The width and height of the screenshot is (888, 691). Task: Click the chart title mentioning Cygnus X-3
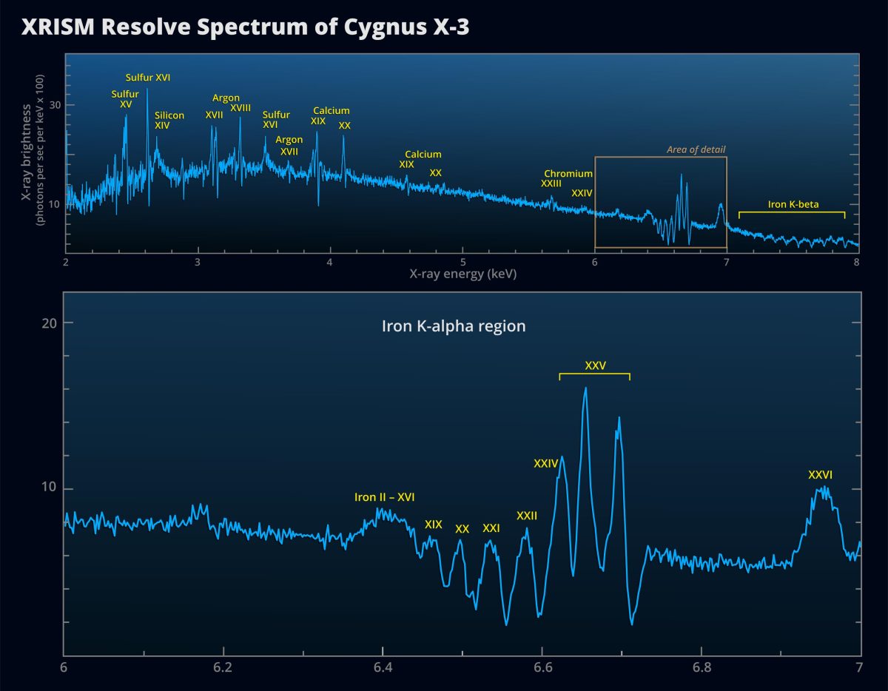[x=245, y=27]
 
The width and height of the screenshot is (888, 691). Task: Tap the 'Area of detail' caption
[x=696, y=149]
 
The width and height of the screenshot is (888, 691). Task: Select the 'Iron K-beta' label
[x=793, y=204]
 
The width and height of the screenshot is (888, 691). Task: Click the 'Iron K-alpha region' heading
[x=454, y=326]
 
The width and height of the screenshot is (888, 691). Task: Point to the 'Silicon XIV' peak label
[x=169, y=121]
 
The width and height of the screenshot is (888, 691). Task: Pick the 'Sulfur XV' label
[x=125, y=99]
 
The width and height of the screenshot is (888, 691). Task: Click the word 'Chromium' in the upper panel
[x=568, y=174]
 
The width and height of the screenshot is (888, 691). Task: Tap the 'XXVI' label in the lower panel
[x=820, y=475]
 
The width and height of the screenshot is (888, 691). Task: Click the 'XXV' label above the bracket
[x=595, y=365]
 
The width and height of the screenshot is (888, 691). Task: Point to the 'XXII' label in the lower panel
[x=527, y=516]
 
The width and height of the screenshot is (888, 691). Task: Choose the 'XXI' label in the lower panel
[x=491, y=528]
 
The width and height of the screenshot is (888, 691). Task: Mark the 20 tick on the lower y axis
[x=47, y=323]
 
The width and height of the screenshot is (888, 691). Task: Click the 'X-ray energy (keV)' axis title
[x=462, y=274]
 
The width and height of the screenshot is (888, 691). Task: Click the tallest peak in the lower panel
[x=585, y=388]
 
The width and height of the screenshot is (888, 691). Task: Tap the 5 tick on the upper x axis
[x=462, y=261]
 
